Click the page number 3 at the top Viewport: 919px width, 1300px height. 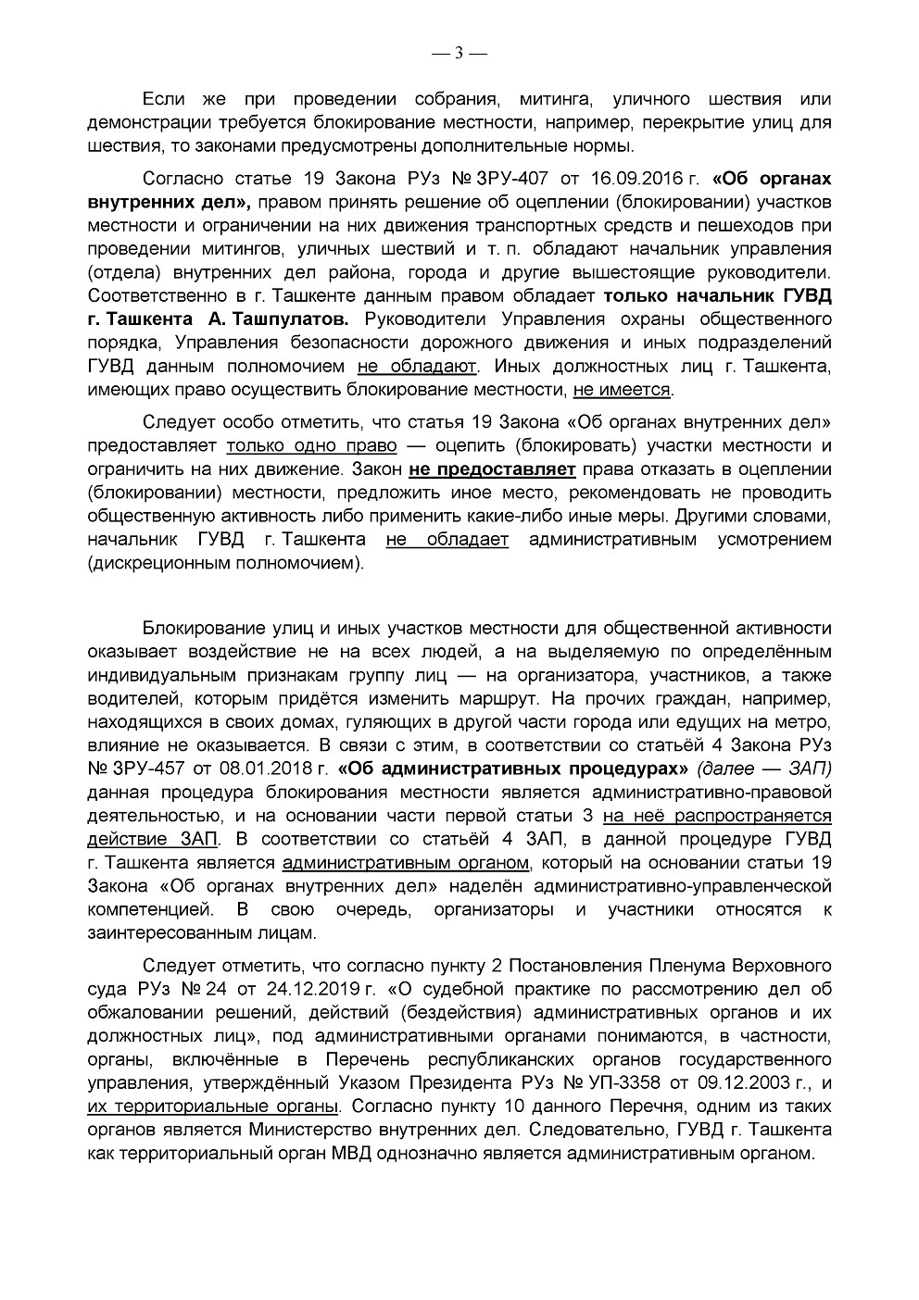point(459,53)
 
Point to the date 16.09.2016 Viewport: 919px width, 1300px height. point(627,177)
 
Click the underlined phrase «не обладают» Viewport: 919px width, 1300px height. point(417,366)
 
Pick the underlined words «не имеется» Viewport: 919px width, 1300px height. point(622,389)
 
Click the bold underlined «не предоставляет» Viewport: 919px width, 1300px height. point(491,469)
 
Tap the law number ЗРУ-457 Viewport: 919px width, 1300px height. point(150,768)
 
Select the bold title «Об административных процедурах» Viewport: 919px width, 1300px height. point(513,768)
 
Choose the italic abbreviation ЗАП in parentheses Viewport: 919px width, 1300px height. point(808,768)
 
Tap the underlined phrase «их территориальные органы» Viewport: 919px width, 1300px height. point(213,1106)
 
